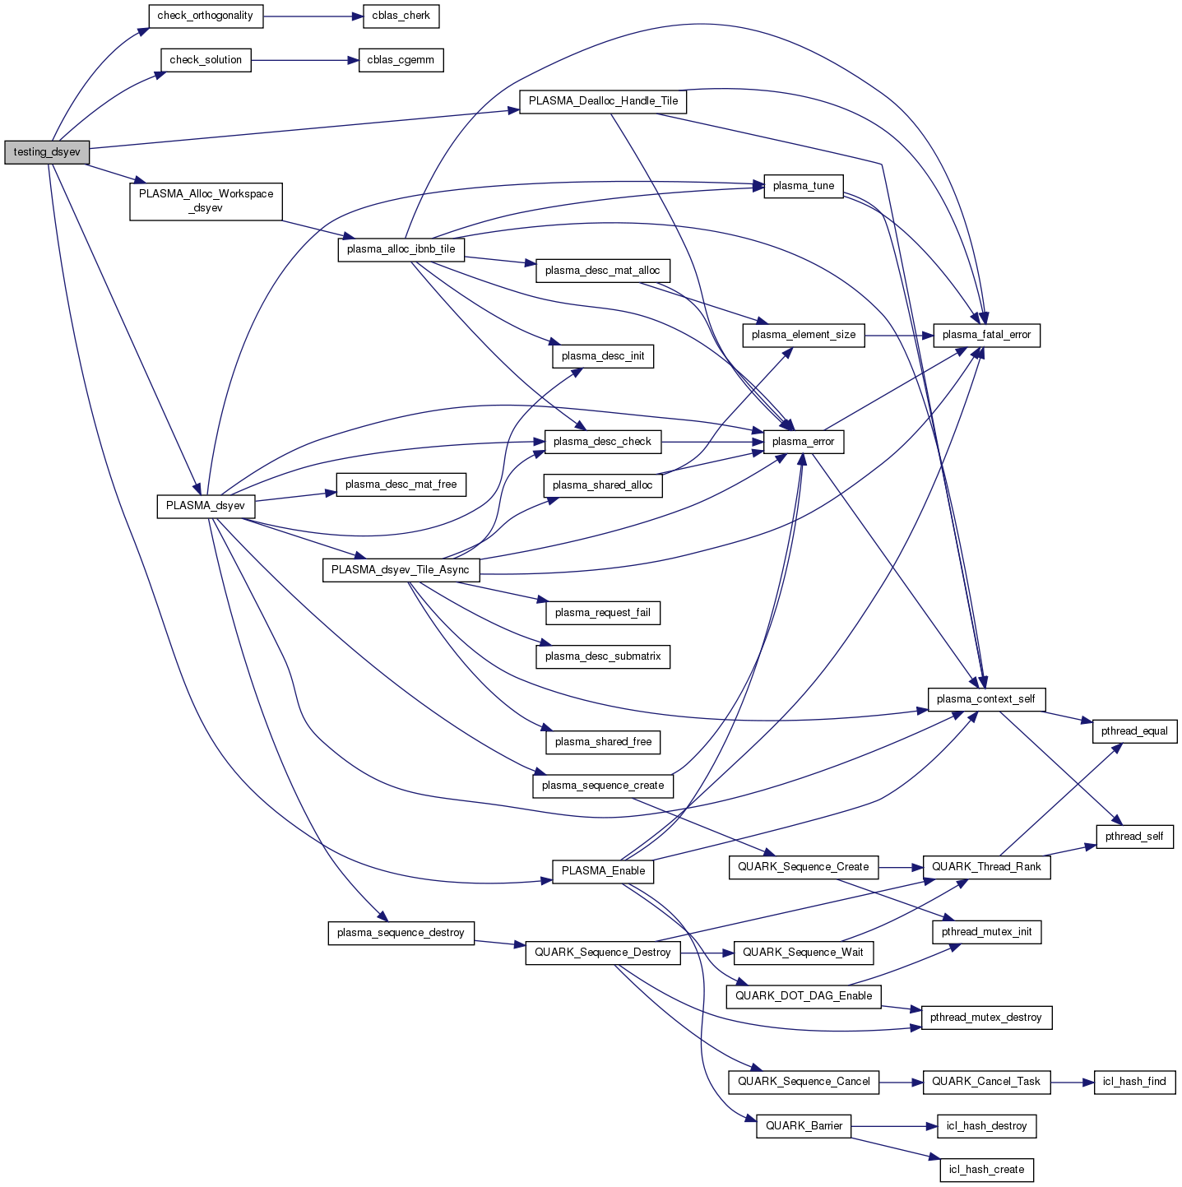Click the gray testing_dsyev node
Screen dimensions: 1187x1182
point(46,152)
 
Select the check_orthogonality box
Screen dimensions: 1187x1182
point(205,16)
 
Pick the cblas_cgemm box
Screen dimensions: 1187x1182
point(401,60)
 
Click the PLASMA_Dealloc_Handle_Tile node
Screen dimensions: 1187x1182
point(603,101)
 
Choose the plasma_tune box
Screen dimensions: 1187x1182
point(804,186)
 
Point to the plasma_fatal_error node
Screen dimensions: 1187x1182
point(986,335)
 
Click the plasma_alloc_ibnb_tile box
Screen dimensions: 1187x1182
point(401,249)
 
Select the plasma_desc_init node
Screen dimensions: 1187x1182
point(603,356)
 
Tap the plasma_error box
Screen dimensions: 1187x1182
point(804,442)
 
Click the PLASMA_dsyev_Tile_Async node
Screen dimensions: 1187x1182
point(400,570)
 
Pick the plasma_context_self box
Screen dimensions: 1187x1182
point(986,699)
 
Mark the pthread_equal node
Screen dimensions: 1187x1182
point(1134,731)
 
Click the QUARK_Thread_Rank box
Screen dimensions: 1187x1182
point(986,867)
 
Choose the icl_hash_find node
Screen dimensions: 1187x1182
point(1134,1082)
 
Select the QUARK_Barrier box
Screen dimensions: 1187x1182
point(804,1126)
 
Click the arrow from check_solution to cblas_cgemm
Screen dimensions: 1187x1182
point(304,60)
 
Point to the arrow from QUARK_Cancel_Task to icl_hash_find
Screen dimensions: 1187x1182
point(1072,1082)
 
